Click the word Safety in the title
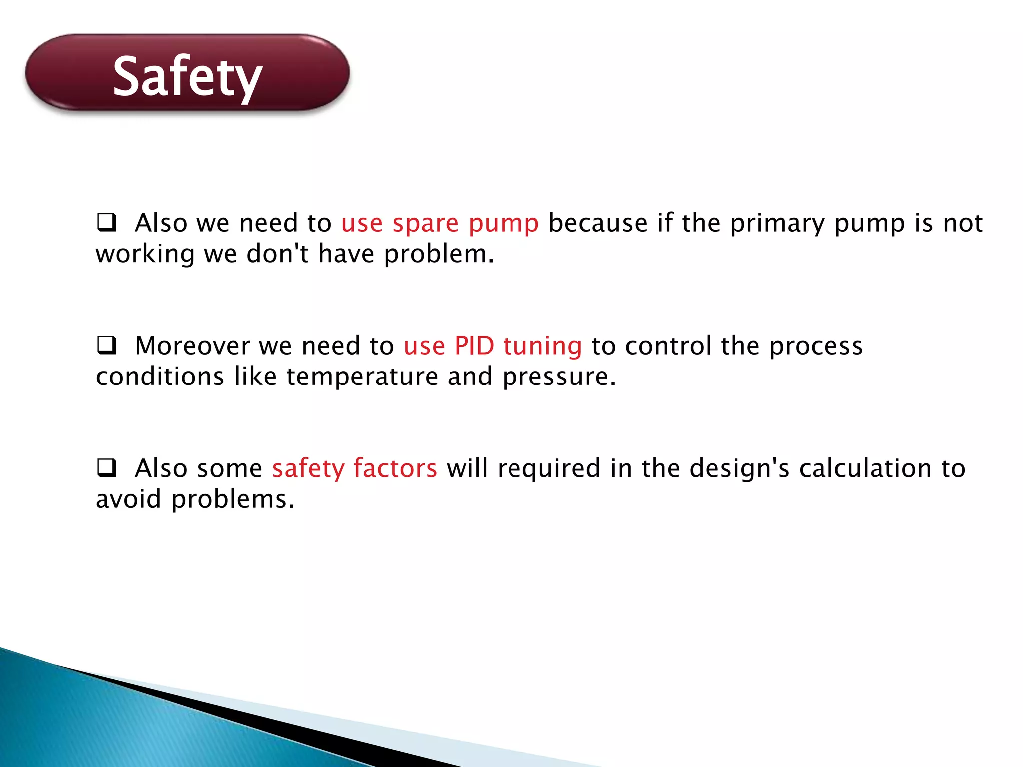pos(187,76)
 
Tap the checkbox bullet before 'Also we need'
pos(106,222)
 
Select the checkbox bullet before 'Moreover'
pos(106,345)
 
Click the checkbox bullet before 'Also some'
pos(106,468)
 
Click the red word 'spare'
pos(425,223)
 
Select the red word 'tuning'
pos(542,347)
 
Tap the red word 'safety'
pos(308,469)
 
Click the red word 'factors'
pos(395,468)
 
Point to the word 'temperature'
pos(362,377)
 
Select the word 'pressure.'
pos(559,378)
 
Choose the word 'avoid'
pos(128,499)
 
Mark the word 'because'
pos(598,223)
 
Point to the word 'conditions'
pos(160,377)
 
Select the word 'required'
pos(549,469)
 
